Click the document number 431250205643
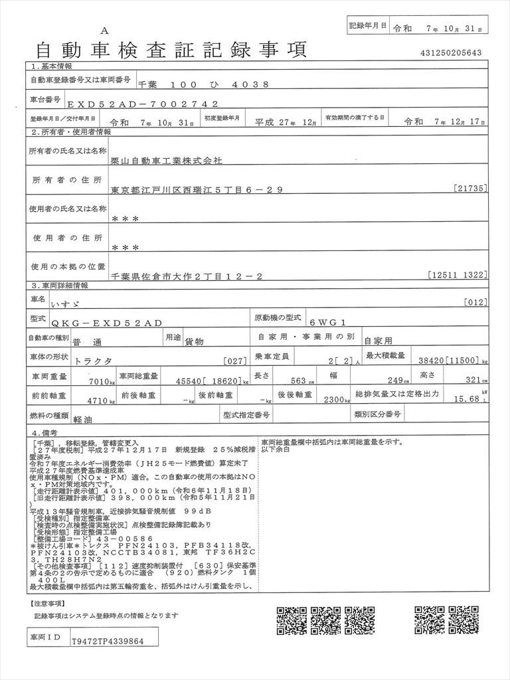pos(451,52)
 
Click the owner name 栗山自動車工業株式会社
pos(167,161)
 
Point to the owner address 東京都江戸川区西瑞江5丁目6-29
pos(197,189)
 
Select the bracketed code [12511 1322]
pos(458,274)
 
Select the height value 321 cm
pos(471,381)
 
